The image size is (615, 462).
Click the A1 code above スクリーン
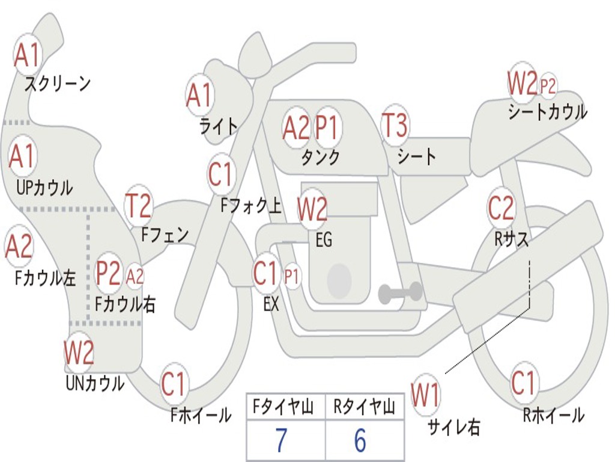[x=26, y=55]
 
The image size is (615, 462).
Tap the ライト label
[x=219, y=126]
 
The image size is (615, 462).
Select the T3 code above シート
[x=395, y=125]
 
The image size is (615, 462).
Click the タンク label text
[x=321, y=157]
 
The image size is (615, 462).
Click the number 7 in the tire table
[x=281, y=440]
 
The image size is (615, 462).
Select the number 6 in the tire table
[x=360, y=440]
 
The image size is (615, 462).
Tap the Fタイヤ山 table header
[x=283, y=407]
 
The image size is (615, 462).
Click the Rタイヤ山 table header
[x=364, y=407]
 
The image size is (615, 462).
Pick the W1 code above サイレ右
[x=425, y=395]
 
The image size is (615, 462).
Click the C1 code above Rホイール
[x=523, y=383]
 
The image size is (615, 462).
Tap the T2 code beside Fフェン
[x=138, y=205]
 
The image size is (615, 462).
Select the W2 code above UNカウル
[x=79, y=352]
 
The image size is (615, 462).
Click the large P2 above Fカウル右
[x=108, y=273]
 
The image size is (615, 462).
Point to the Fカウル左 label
[x=45, y=278]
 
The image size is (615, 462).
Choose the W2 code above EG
[x=312, y=208]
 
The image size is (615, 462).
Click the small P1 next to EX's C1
[x=291, y=277]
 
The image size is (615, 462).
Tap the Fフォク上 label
[x=251, y=205]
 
